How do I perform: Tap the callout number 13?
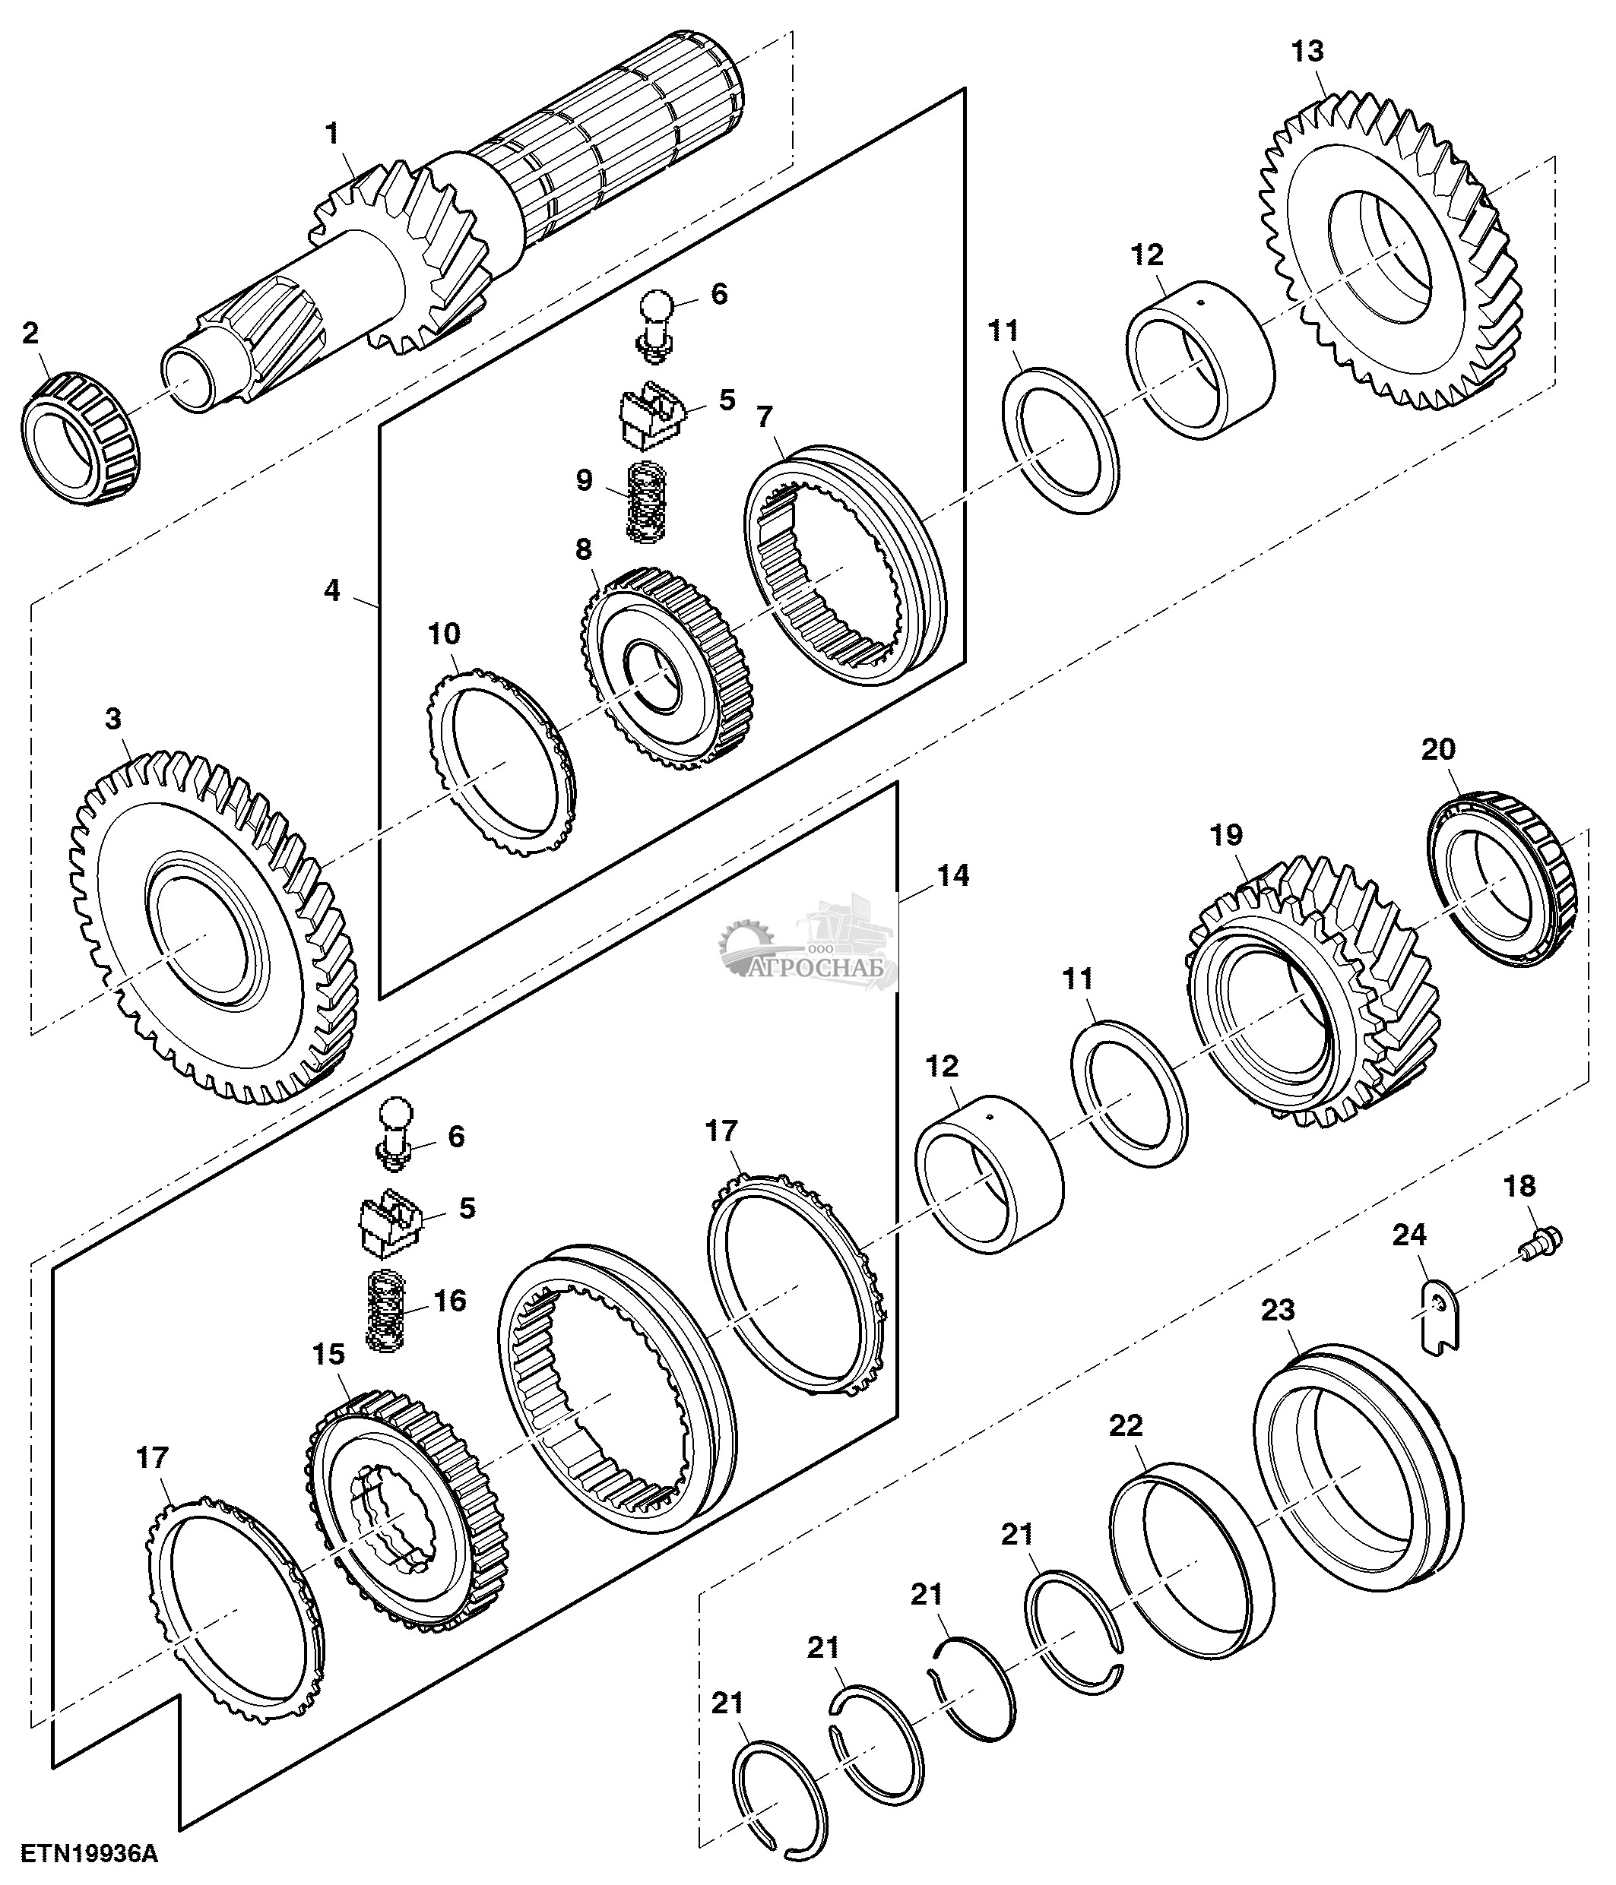coord(1307,52)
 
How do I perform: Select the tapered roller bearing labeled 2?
coord(80,436)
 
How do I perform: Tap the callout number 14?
coord(952,875)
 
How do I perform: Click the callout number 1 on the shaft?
coord(333,134)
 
